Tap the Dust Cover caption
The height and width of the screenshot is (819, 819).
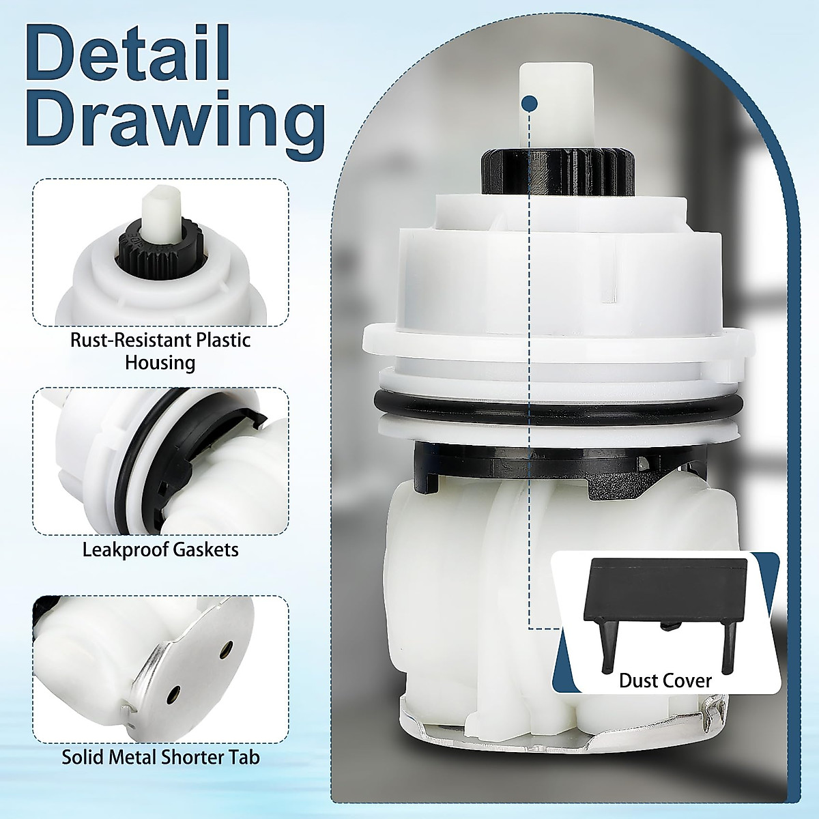pos(665,680)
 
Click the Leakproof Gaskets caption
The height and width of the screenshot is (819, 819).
pos(160,549)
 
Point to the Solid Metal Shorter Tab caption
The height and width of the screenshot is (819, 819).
pos(160,757)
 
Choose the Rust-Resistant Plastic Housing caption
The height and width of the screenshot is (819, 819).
pos(160,351)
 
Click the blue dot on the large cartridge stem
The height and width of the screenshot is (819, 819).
pos(528,103)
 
